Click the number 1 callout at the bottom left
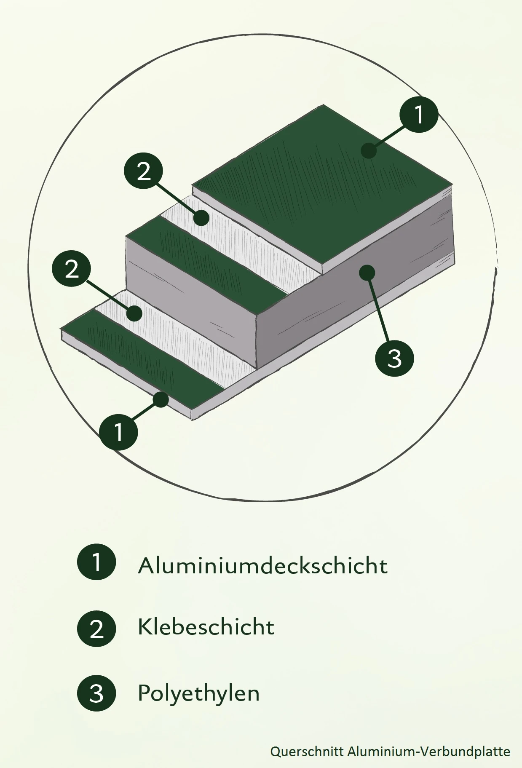click(119, 431)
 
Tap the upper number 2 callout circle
click(143, 171)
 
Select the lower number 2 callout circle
click(71, 268)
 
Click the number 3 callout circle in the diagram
click(394, 358)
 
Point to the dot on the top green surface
click(369, 150)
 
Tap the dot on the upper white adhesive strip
click(202, 218)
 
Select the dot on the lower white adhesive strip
click(134, 313)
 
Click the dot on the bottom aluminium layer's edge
click(161, 399)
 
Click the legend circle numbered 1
click(96, 562)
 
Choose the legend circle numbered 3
click(96, 693)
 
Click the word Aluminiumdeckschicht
click(262, 565)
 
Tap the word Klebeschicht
click(206, 627)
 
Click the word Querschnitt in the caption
click(307, 751)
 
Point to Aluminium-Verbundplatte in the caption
click(428, 751)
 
